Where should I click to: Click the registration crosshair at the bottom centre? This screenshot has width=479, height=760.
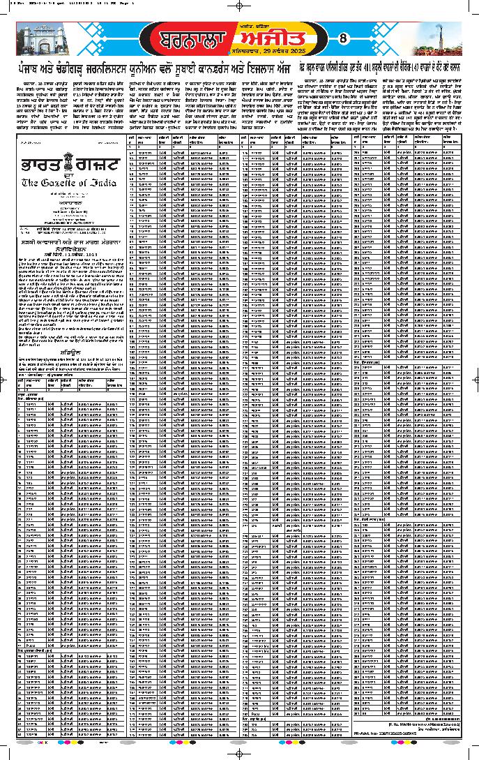(239, 753)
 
